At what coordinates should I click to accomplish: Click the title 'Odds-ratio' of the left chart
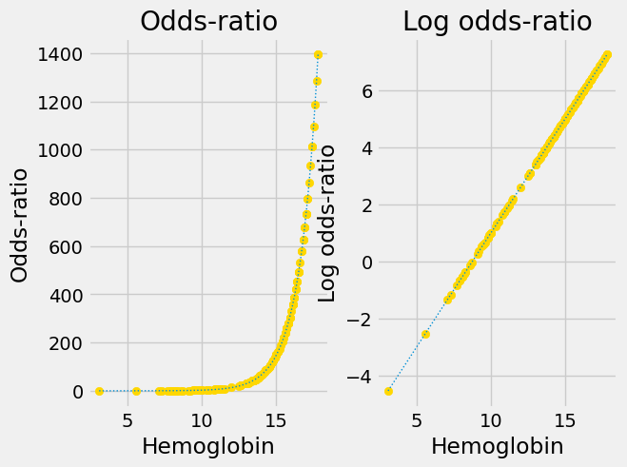[208, 22]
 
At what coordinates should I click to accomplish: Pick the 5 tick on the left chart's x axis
[127, 418]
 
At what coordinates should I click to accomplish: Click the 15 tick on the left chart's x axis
[276, 418]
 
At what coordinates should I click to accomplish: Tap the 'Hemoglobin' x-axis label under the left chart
[208, 446]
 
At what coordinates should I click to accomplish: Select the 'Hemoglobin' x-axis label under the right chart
[498, 446]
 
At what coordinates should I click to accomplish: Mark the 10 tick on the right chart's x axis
[491, 418]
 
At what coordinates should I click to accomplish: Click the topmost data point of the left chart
[318, 54]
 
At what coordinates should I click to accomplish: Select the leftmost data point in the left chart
[99, 391]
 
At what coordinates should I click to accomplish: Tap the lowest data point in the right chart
[388, 391]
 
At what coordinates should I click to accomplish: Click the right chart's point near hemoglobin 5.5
[425, 334]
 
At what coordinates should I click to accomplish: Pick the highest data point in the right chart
[607, 55]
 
